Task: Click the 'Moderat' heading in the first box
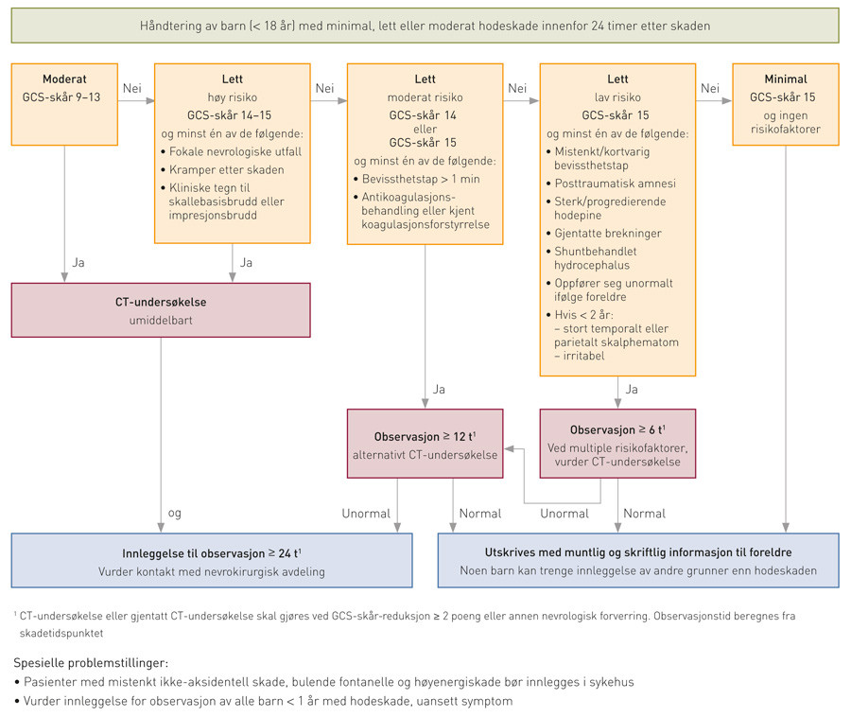(x=64, y=79)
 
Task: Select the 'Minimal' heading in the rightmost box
(x=784, y=79)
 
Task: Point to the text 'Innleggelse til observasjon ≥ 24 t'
(x=212, y=552)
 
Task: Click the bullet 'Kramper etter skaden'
(x=227, y=169)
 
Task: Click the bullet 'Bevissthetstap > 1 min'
(x=423, y=179)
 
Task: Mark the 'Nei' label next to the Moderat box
(x=132, y=88)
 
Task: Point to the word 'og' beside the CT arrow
(x=174, y=514)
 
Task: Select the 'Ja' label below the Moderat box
(x=78, y=262)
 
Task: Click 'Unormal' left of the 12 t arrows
(x=366, y=514)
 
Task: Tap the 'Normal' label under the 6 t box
(x=646, y=514)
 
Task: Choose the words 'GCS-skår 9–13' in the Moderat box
(x=64, y=97)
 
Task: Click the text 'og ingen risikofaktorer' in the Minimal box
(x=784, y=121)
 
